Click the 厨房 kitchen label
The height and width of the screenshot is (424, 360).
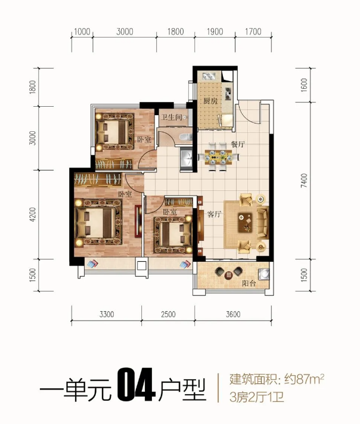210,101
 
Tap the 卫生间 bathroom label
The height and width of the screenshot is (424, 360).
171,117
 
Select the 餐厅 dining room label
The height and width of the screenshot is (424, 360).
238,144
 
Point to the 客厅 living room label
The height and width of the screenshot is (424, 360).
215,215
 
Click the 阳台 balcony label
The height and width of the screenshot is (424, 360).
249,284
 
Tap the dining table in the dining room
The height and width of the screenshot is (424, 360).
219,157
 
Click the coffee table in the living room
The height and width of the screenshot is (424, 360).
245,222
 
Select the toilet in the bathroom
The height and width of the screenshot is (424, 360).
185,137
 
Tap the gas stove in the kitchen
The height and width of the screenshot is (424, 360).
228,94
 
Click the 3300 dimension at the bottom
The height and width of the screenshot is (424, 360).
107,314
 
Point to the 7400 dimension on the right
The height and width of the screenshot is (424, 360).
304,181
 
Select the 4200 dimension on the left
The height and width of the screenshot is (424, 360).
32,215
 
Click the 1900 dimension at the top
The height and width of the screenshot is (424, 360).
215,32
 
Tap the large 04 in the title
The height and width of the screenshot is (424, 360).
136,385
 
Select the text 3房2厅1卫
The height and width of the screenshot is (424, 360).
256,398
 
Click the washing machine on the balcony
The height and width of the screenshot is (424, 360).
263,274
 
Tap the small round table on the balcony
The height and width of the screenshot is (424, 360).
229,275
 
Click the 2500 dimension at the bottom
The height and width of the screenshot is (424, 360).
169,314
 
